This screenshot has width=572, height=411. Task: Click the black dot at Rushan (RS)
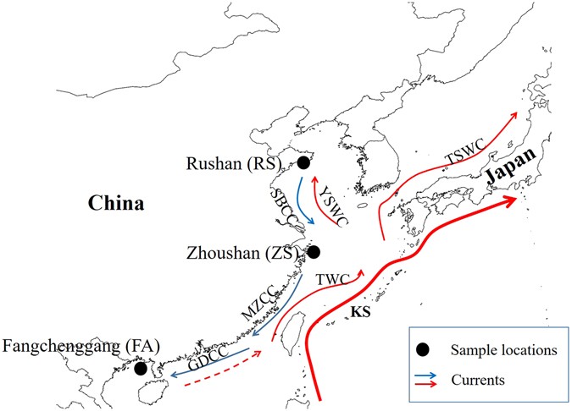[x=303, y=163]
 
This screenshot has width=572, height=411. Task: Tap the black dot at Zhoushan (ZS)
[x=314, y=252]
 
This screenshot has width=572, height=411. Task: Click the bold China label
[x=114, y=203]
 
